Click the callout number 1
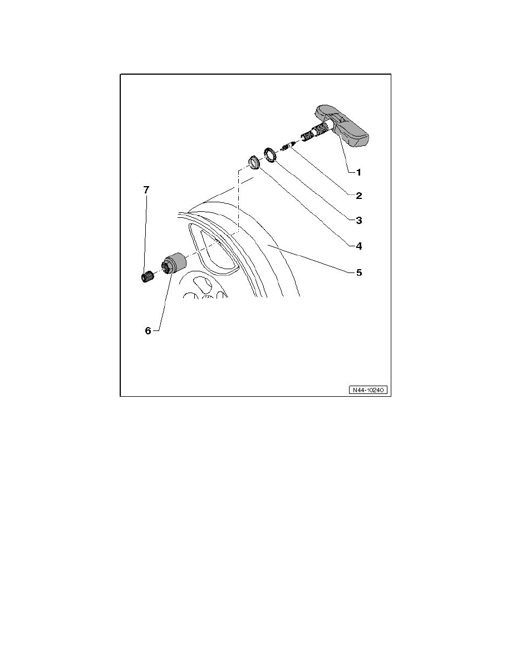(x=358, y=172)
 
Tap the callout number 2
(x=359, y=196)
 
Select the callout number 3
(x=359, y=220)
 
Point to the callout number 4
(x=359, y=246)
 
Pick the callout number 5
(x=359, y=272)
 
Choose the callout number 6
(x=148, y=331)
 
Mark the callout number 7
(x=146, y=190)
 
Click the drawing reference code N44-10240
(x=367, y=390)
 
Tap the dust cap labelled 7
(x=146, y=278)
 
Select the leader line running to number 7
(x=146, y=234)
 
